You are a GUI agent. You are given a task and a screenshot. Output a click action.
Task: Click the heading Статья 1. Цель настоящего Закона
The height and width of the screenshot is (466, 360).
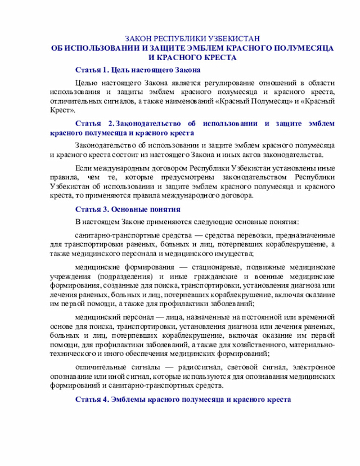point(138,71)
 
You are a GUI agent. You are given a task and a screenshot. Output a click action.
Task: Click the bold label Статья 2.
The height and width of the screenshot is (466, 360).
point(94,124)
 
